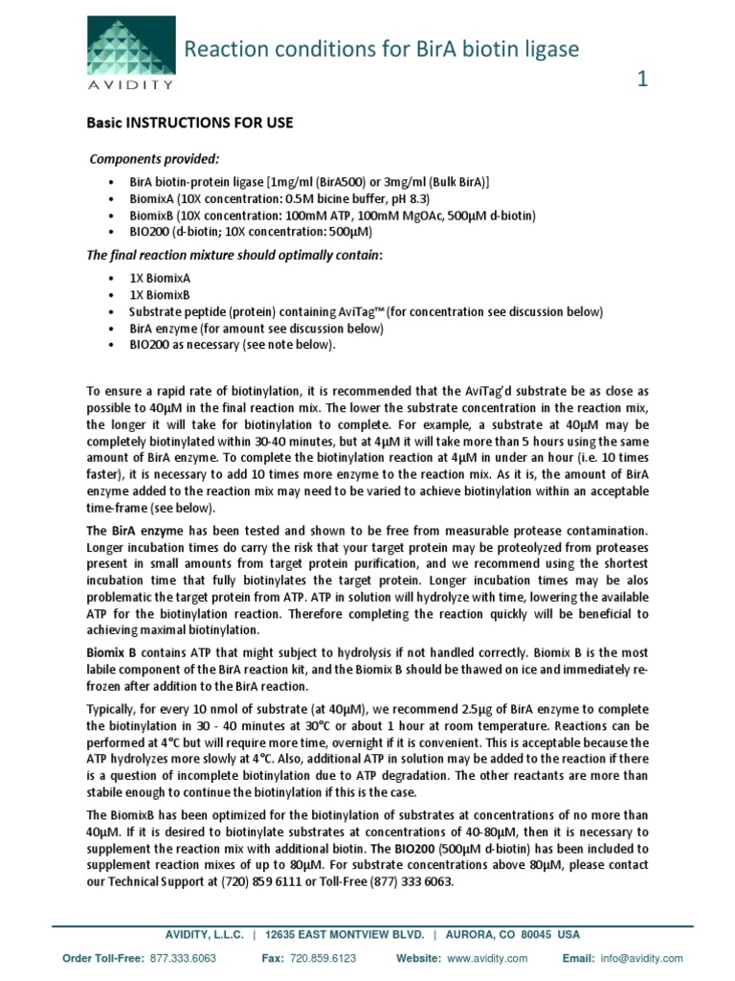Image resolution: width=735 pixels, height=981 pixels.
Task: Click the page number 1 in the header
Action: [x=642, y=81]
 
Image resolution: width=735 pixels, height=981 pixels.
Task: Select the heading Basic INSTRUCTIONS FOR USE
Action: [x=190, y=124]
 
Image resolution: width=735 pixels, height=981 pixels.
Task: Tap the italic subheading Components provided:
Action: [x=154, y=158]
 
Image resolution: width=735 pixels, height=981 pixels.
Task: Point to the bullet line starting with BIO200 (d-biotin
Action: [x=251, y=232]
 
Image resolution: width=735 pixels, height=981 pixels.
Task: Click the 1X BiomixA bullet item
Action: [x=160, y=276]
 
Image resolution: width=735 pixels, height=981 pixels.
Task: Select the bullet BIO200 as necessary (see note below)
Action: [x=233, y=346]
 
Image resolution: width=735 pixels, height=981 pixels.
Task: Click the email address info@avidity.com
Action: [x=649, y=958]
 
